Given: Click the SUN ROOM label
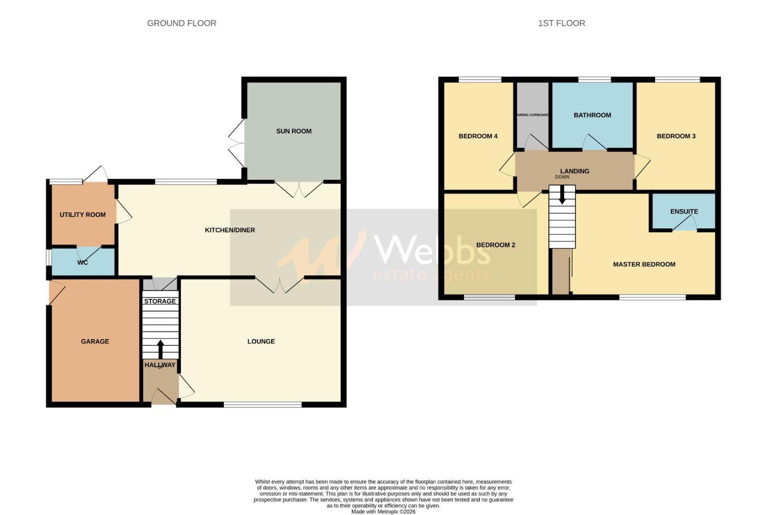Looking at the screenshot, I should tap(293, 131).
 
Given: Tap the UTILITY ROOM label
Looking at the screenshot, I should tap(82, 215).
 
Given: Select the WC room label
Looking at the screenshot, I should tap(82, 262).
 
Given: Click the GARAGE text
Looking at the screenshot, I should tap(95, 341).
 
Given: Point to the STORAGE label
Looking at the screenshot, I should tap(160, 301).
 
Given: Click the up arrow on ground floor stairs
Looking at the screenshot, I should tap(160, 349).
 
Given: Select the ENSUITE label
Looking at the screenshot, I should tap(684, 211).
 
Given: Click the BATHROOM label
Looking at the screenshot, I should tap(592, 115).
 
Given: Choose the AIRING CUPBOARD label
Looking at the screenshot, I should tap(533, 115).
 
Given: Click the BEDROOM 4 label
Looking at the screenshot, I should tap(478, 136).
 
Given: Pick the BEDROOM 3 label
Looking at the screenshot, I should tap(676, 136).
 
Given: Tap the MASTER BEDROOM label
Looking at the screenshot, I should tap(644, 264).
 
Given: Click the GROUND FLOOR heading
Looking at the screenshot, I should tap(182, 23).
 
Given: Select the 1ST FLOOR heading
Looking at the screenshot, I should tap(561, 23).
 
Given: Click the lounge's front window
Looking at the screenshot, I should tap(262, 405).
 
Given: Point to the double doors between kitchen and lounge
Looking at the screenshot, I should tap(280, 284).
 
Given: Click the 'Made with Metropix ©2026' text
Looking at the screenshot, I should tap(383, 512).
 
